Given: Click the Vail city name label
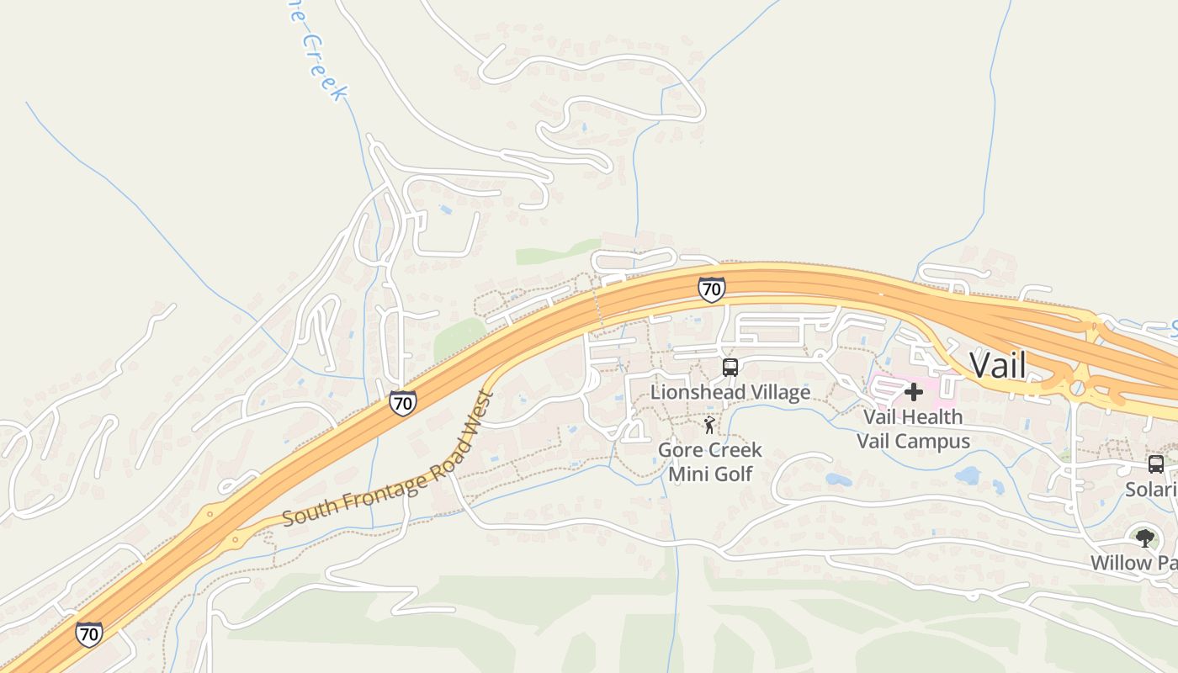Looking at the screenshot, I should [x=998, y=365].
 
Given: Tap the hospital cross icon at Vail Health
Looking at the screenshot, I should [x=914, y=392].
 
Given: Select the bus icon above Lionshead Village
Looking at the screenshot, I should [x=730, y=368].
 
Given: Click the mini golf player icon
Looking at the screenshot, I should [x=709, y=426].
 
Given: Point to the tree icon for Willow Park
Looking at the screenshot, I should [x=1144, y=538].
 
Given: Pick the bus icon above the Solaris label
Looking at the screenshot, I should [x=1156, y=464].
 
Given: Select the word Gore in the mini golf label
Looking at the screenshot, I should [x=678, y=450].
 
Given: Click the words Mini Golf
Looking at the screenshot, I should [x=710, y=474].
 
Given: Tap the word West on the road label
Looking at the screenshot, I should [x=482, y=410].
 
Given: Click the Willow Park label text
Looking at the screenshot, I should [x=1133, y=563].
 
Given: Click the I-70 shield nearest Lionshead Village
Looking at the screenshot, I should [x=711, y=289].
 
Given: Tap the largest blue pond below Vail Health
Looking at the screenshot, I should [x=968, y=475].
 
